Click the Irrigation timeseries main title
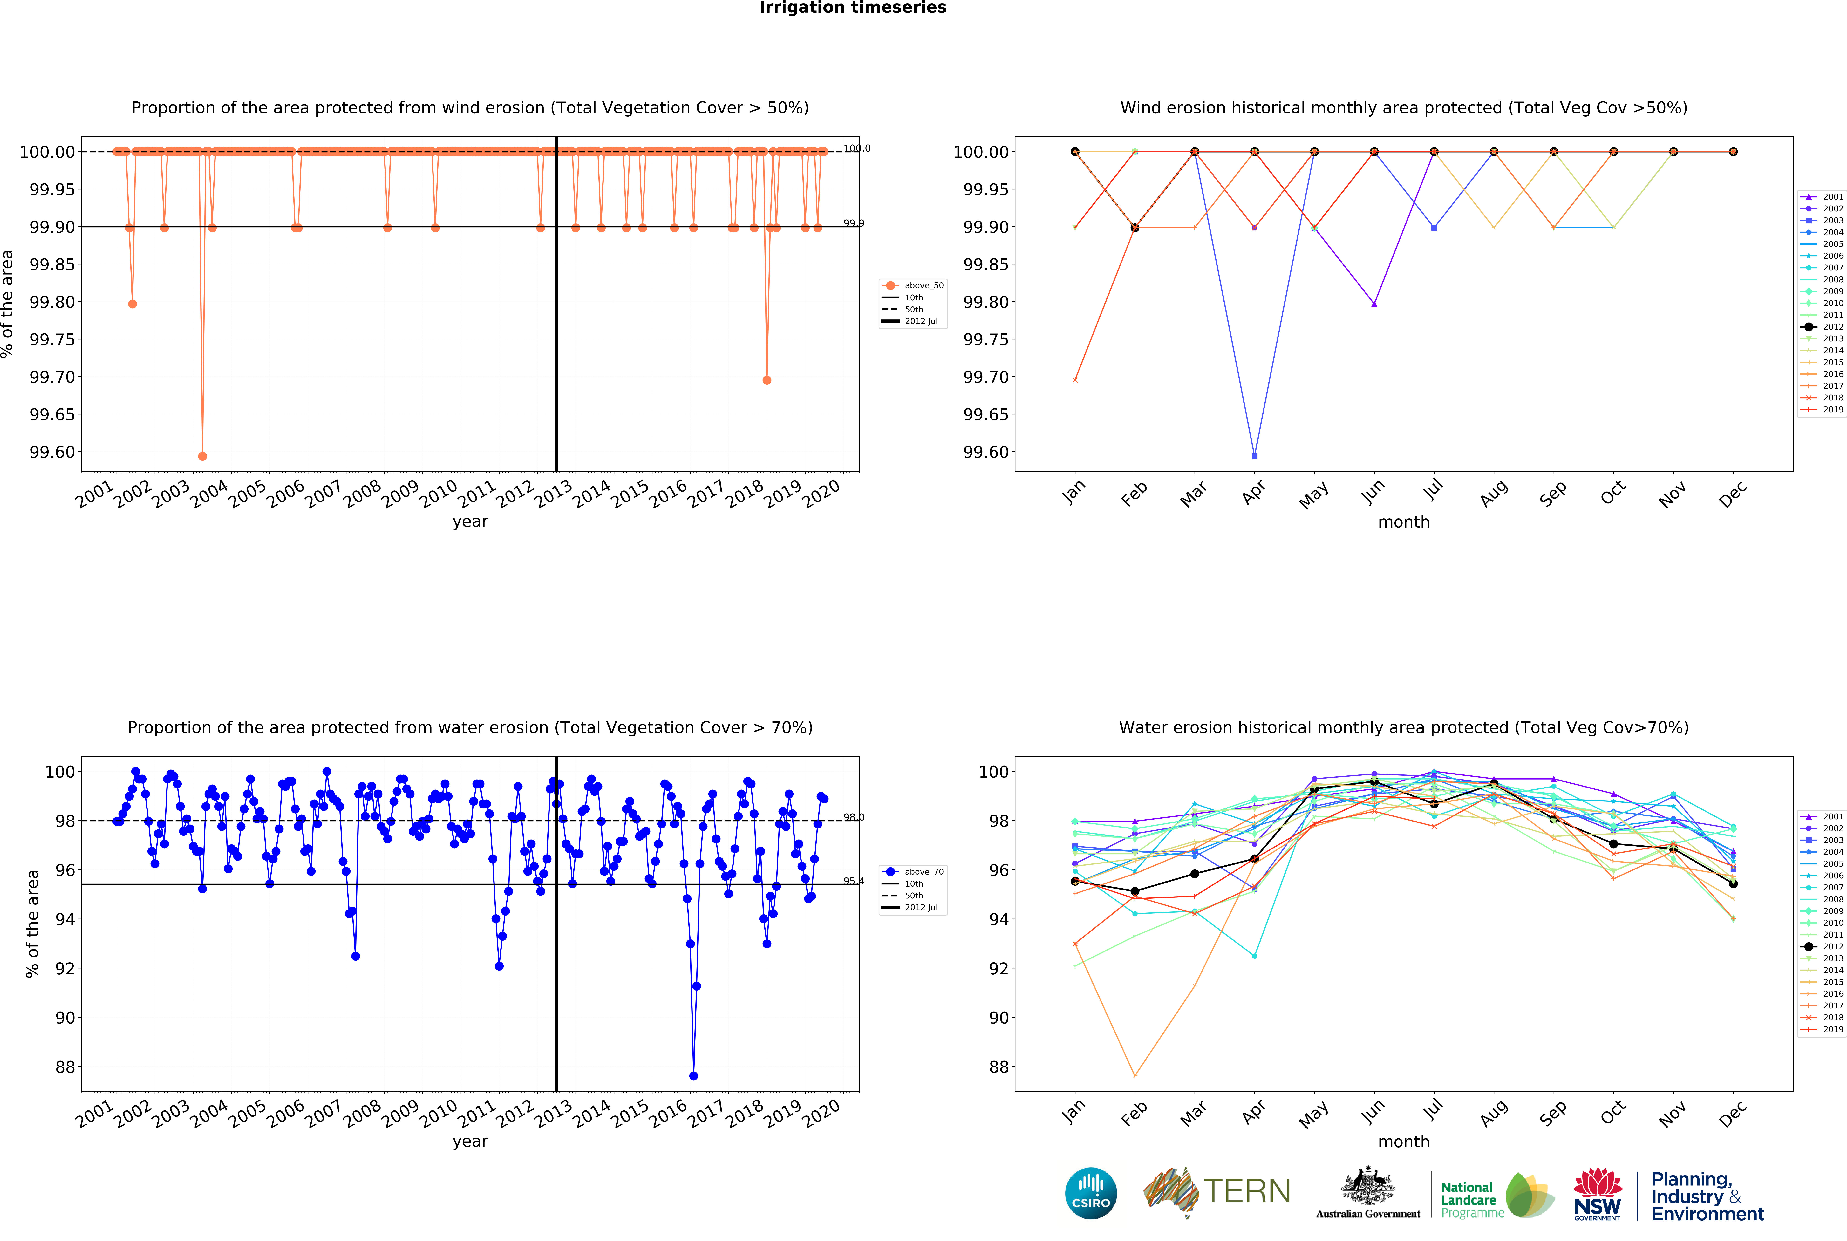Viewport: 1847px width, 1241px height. (x=852, y=8)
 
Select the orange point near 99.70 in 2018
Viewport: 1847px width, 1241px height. (x=766, y=380)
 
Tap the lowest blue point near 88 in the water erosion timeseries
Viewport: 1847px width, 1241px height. (x=693, y=1076)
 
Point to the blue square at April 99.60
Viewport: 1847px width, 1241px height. (x=1254, y=456)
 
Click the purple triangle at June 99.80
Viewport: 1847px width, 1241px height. (x=1374, y=304)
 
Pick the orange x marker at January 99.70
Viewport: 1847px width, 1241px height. (x=1075, y=380)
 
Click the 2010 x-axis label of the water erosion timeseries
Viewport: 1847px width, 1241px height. (x=438, y=1113)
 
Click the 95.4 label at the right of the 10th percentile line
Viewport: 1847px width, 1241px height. (x=853, y=881)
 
